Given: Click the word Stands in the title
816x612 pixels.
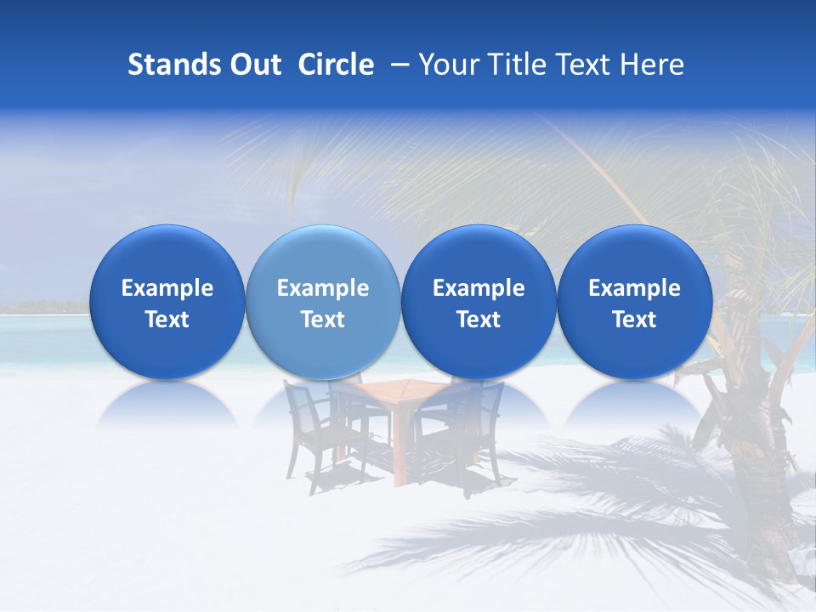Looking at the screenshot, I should coord(166,65).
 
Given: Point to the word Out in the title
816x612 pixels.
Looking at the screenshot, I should coord(253,65).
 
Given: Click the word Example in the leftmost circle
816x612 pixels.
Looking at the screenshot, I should coord(167,288).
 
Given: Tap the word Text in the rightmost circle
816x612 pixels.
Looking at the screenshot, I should coord(634,320).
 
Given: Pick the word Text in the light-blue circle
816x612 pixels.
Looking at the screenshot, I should coord(323,320).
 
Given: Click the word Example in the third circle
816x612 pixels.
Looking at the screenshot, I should coord(479,288).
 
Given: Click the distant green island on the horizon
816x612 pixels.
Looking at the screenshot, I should coord(42,306).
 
